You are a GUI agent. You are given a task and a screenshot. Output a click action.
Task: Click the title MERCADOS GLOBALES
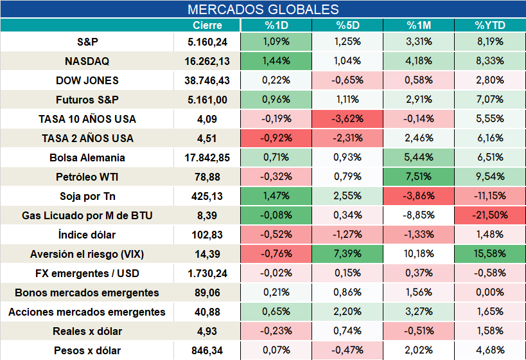pyautogui.click(x=263, y=10)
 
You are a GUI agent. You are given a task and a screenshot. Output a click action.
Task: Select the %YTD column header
pyautogui.click(x=490, y=25)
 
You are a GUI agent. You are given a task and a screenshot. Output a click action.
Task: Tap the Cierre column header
pyautogui.click(x=207, y=25)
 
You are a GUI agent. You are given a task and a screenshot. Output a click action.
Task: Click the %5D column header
pyautogui.click(x=347, y=25)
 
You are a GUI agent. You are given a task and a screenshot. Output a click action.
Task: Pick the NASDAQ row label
pyautogui.click(x=87, y=61)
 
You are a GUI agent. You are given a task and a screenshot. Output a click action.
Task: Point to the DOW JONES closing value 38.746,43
pyautogui.click(x=207, y=80)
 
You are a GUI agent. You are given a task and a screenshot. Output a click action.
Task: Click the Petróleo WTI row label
pyautogui.click(x=87, y=177)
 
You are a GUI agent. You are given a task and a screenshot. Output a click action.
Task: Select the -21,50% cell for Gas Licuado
pyautogui.click(x=490, y=215)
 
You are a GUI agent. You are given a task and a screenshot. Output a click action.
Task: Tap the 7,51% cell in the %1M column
pyautogui.click(x=418, y=176)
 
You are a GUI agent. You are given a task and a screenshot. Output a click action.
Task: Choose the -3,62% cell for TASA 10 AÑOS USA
pyautogui.click(x=347, y=118)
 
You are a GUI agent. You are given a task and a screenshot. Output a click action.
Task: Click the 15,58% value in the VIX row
pyautogui.click(x=490, y=253)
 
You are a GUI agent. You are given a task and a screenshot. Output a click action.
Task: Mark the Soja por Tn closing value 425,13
pyautogui.click(x=207, y=197)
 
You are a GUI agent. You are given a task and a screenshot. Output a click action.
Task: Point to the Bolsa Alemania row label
pyautogui.click(x=87, y=158)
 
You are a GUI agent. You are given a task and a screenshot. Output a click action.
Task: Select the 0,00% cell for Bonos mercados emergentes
pyautogui.click(x=490, y=292)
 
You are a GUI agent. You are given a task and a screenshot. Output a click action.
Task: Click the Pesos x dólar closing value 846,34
pyautogui.click(x=207, y=351)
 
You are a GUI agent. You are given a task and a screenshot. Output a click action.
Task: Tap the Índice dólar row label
pyautogui.click(x=87, y=235)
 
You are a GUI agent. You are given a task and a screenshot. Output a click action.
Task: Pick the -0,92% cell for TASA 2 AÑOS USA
pyautogui.click(x=276, y=138)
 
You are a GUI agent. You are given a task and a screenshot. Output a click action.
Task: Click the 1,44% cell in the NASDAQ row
pyautogui.click(x=276, y=61)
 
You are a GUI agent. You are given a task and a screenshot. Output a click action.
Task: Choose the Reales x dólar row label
pyautogui.click(x=87, y=332)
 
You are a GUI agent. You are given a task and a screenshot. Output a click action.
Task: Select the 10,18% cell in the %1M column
pyautogui.click(x=418, y=253)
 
